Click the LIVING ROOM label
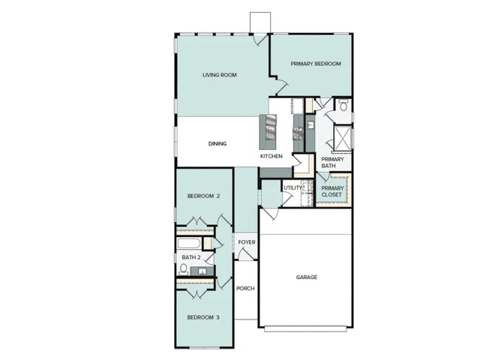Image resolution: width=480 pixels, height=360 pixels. [219, 75]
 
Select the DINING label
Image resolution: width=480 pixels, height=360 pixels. [217, 144]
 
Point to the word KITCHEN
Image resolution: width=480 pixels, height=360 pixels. [271, 156]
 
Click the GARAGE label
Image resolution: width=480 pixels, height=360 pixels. [306, 277]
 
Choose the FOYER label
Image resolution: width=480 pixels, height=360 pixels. [247, 242]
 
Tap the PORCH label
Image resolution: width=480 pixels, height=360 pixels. [246, 289]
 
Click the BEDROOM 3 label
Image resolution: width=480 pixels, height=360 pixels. [203, 316]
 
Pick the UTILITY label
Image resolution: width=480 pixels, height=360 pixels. [292, 187]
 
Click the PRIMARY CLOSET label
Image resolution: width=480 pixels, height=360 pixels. [331, 191]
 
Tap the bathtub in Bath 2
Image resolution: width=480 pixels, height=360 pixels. [190, 244]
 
